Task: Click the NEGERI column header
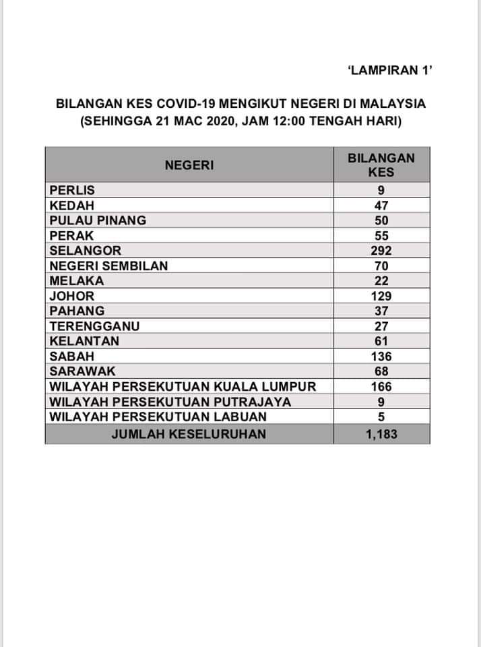point(189,164)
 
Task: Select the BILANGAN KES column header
point(381,164)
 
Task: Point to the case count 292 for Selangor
point(381,251)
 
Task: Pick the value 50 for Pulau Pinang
point(381,220)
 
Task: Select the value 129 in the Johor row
point(381,296)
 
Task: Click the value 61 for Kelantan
point(381,341)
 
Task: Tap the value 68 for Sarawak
point(381,371)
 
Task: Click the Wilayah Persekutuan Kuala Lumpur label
point(183,386)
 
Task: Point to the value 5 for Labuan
point(381,417)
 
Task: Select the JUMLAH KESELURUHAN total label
point(189,434)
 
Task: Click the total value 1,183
point(381,434)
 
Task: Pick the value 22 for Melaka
point(381,281)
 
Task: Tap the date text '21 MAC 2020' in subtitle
point(172,123)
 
